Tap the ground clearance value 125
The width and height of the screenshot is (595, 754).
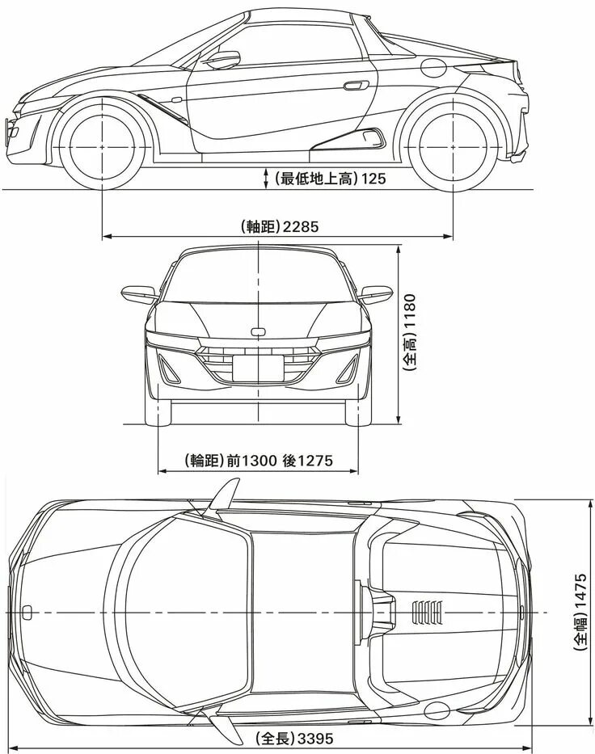[x=373, y=179]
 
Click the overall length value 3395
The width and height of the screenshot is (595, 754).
[x=315, y=739]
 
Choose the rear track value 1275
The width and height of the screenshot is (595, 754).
[x=314, y=461]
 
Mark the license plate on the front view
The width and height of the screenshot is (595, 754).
[x=257, y=368]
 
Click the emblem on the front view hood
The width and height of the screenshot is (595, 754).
[x=258, y=331]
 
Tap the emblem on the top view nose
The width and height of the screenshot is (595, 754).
[x=26, y=612]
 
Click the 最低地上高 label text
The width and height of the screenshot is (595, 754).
[x=315, y=179]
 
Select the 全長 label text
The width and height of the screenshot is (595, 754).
[x=275, y=739]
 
